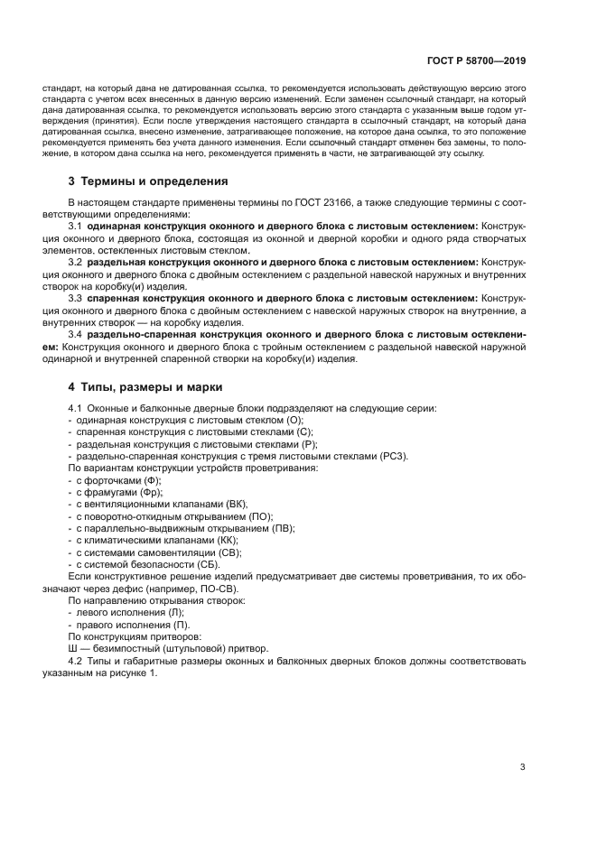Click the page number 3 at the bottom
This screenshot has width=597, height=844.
coord(522,767)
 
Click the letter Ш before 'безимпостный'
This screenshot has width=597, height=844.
coord(73,647)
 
